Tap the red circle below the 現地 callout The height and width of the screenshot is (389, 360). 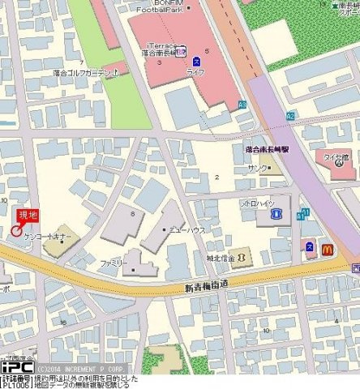[x=16, y=232]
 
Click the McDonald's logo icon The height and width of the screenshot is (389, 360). [x=327, y=250]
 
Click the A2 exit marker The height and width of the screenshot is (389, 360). [x=289, y=116]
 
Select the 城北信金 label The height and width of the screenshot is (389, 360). [x=220, y=259]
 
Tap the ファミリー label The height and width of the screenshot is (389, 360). [x=111, y=263]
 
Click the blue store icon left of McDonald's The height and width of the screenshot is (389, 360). [x=308, y=246]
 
